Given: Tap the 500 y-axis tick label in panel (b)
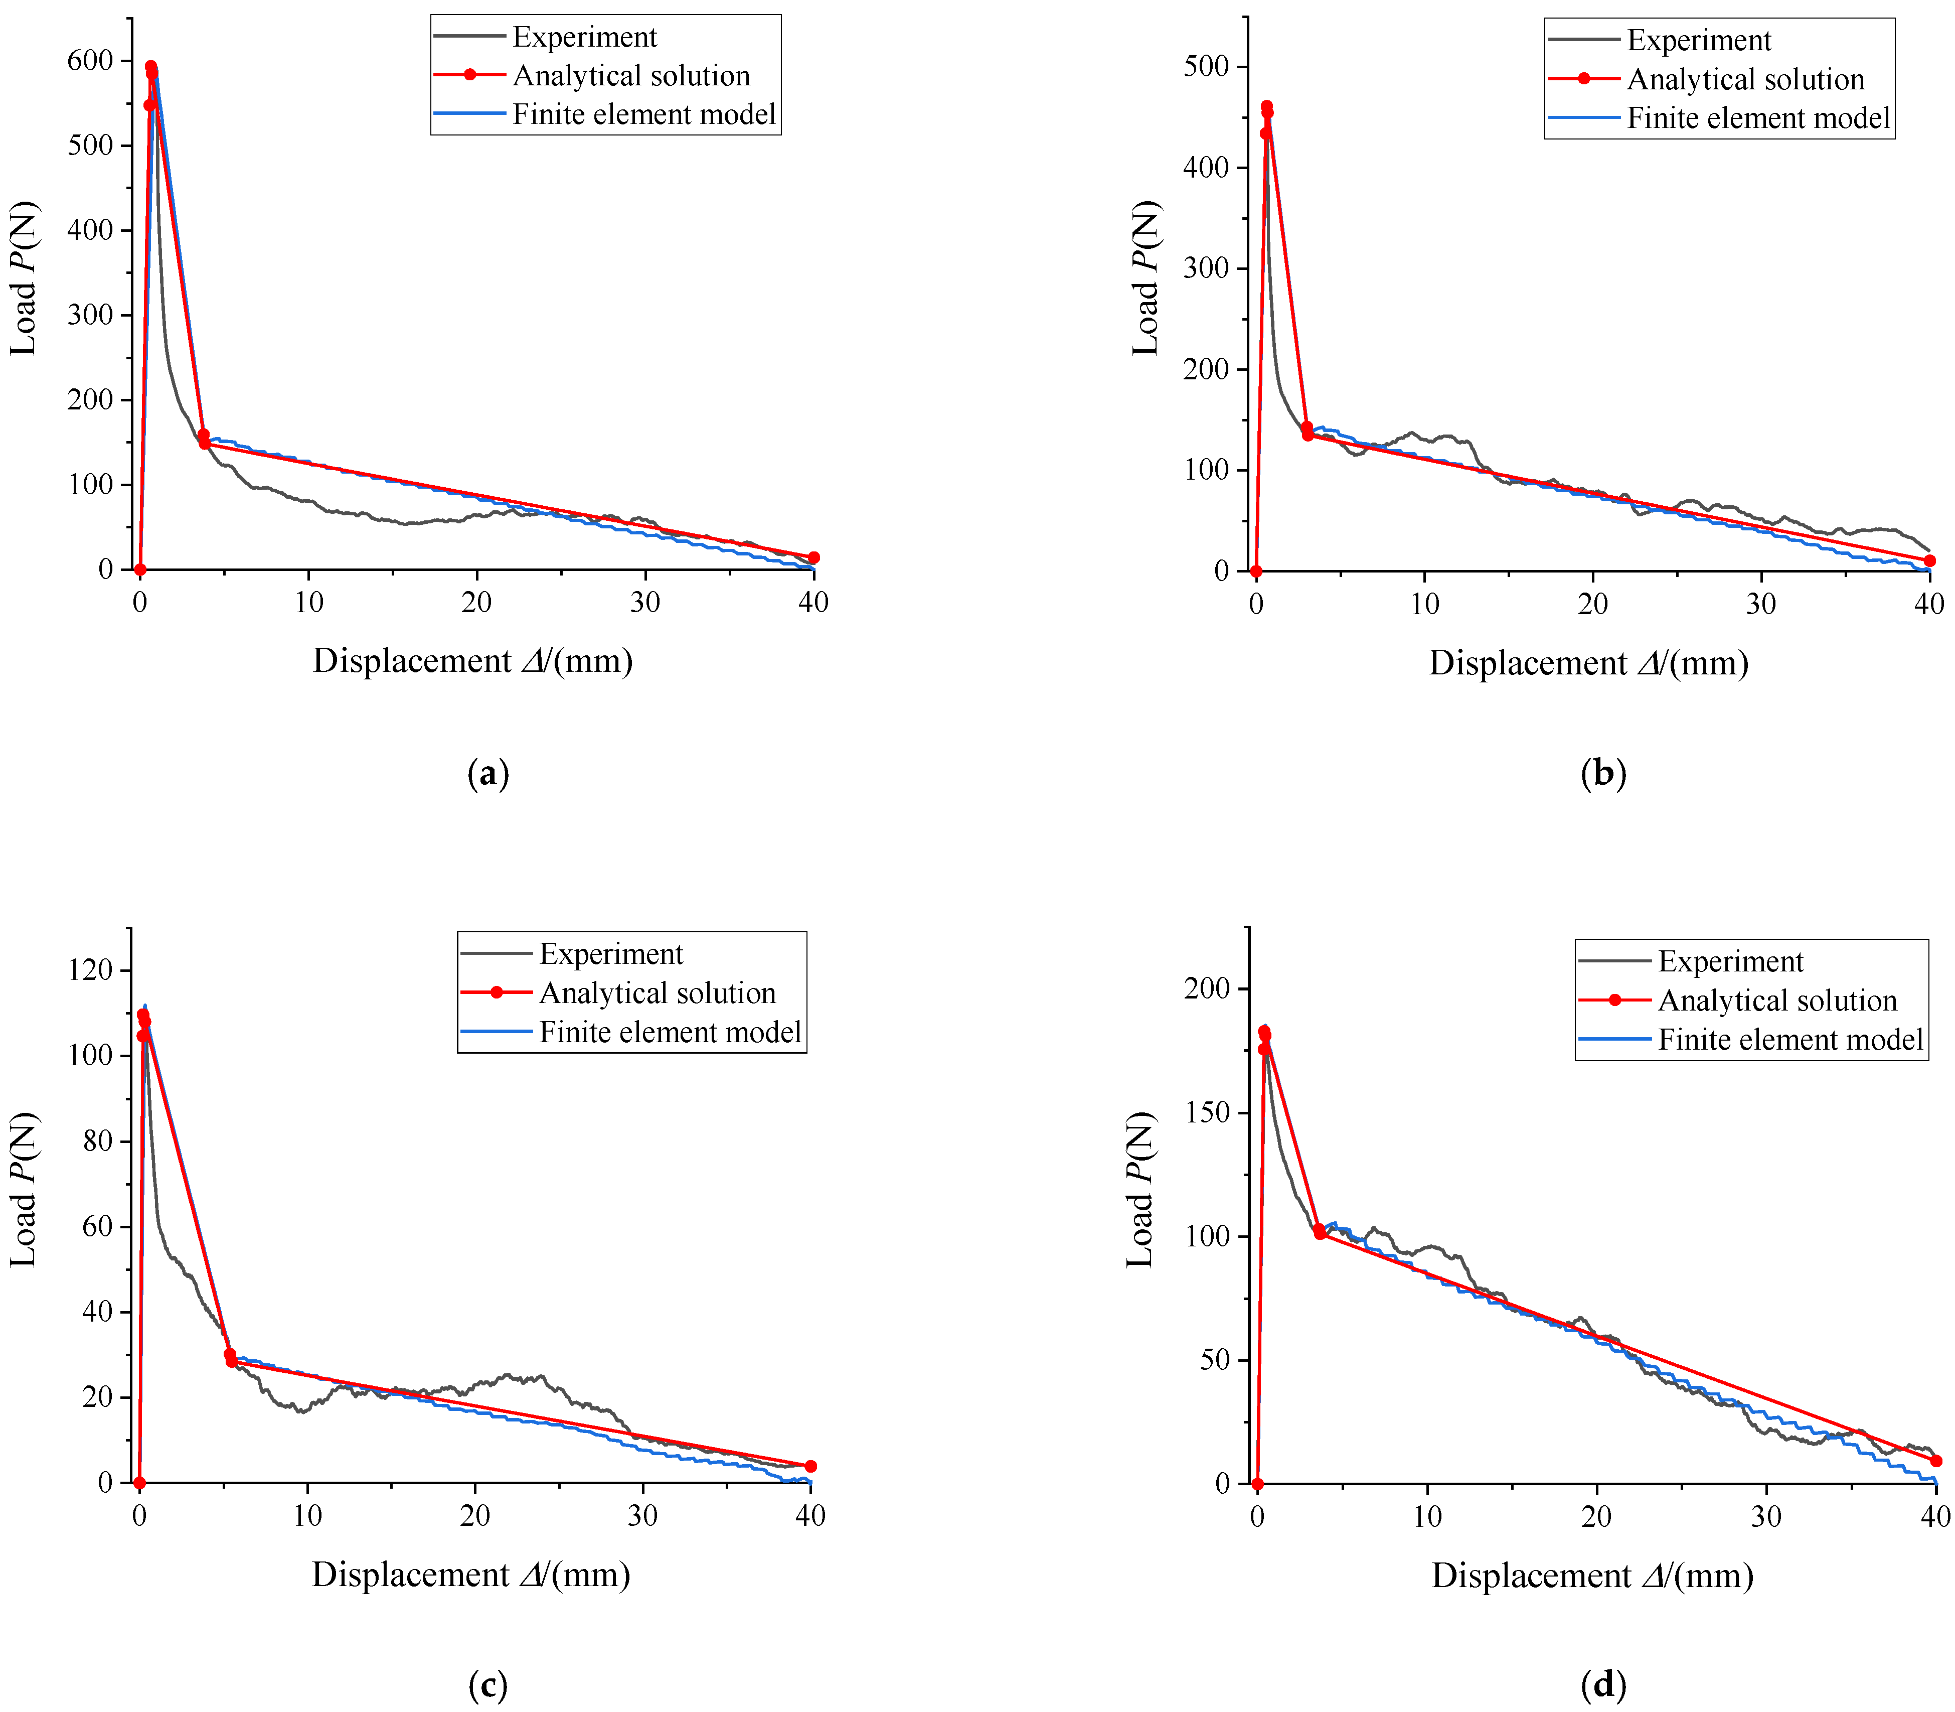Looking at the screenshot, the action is click(1205, 67).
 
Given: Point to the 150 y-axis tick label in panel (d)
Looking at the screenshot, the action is click(1206, 1113).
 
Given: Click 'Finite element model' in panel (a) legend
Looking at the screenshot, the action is click(643, 114).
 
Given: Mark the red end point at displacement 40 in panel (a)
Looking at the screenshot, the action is click(813, 558).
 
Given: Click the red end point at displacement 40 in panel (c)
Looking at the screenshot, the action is click(811, 1467).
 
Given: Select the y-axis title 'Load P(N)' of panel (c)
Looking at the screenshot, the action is click(24, 1190).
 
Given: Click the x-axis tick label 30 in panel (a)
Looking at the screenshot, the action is click(645, 603).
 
